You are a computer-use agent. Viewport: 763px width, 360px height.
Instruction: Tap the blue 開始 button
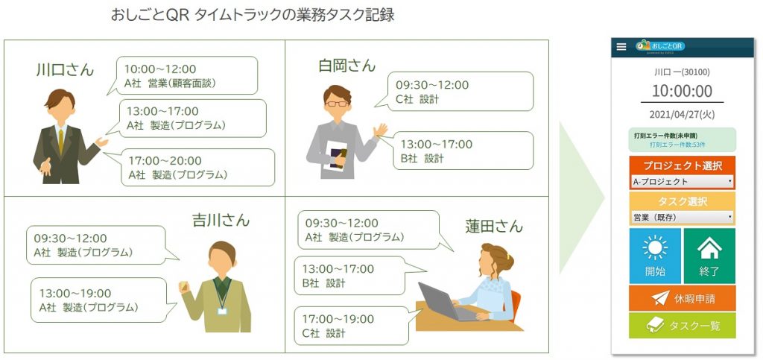coord(655,256)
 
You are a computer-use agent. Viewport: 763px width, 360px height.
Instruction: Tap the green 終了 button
coord(709,256)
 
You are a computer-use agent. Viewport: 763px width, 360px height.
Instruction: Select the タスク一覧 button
coord(683,326)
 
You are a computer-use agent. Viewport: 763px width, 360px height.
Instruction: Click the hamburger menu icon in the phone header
coord(621,47)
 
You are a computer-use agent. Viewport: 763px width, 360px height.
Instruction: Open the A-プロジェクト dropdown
coord(683,182)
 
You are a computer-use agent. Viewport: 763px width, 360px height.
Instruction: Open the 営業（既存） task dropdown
coord(683,218)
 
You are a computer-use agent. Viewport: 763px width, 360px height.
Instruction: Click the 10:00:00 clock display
coord(682,91)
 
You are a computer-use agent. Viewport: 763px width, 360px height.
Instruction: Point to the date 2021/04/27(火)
coord(682,115)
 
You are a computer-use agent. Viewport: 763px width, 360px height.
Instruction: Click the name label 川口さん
coord(65,69)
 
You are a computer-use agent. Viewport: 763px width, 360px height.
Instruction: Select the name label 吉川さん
coord(221,221)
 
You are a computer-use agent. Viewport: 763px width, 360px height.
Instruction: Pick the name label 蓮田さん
coord(493,226)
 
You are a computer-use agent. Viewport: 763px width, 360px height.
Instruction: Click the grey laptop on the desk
coord(445,302)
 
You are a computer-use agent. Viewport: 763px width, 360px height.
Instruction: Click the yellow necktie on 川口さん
coord(61,142)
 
